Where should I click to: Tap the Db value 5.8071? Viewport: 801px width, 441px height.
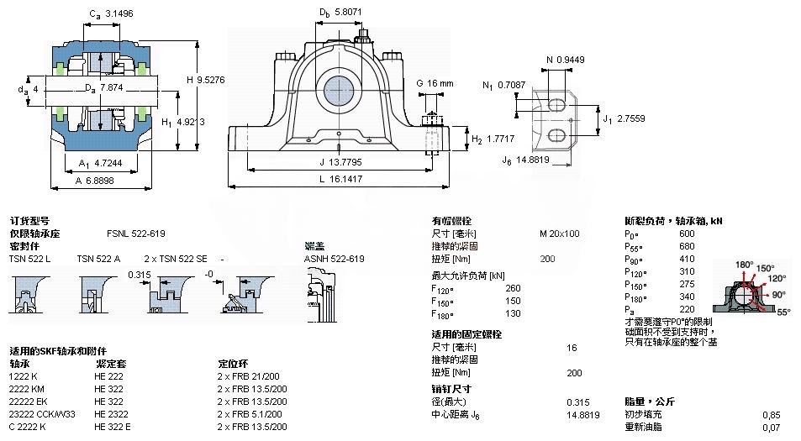tap(345, 13)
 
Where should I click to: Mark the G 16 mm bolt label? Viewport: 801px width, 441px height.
tap(440, 83)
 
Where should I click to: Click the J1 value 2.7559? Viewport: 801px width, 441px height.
tap(630, 119)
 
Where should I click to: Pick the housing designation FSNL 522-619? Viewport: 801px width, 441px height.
tap(135, 234)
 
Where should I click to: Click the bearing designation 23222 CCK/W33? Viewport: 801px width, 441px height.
tap(42, 414)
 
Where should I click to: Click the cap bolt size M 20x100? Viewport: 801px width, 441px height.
tap(559, 234)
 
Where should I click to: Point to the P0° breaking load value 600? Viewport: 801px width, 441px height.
tap(687, 234)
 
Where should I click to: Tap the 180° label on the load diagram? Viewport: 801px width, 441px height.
tap(745, 265)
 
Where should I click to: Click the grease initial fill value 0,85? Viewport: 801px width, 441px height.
tap(771, 414)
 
